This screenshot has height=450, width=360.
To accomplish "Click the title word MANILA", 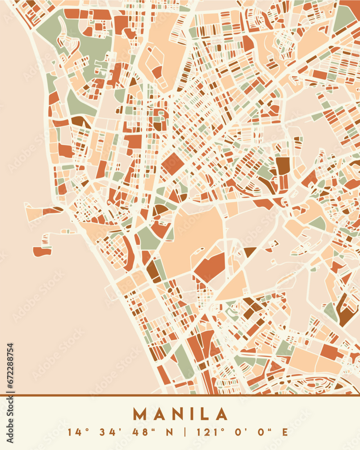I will (180, 414).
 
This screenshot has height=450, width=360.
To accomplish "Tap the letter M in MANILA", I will (140, 414).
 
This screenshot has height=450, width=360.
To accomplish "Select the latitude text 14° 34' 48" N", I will (120, 432).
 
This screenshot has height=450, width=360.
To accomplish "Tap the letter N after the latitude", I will (170, 432).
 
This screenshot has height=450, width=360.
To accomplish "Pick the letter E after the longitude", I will (284, 432).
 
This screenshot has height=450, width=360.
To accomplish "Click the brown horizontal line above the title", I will (180, 395).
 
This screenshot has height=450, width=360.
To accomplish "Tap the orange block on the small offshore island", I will (42, 252).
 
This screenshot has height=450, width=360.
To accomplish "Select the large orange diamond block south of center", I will (210, 267).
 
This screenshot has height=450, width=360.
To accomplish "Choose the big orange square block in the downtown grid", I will (172, 164).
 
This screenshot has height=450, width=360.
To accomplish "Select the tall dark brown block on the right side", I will (283, 173).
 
